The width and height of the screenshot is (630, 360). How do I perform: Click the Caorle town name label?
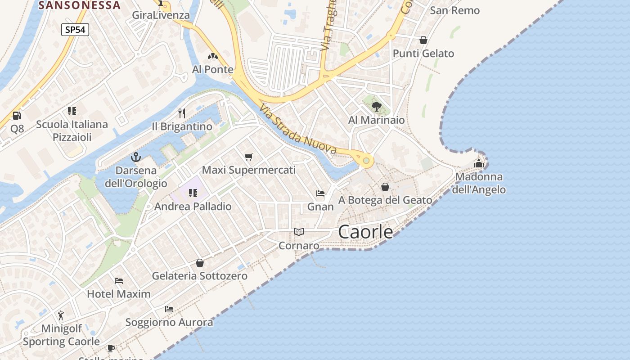(365, 232)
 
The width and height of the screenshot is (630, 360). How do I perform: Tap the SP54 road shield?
(75, 30)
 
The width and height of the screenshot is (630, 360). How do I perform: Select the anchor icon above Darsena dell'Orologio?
(135, 157)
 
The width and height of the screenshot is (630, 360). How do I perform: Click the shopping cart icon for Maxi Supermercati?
(249, 157)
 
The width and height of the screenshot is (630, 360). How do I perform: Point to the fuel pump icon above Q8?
(17, 116)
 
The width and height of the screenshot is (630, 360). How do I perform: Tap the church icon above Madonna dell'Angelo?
(478, 163)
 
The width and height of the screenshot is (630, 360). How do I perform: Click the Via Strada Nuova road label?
(298, 129)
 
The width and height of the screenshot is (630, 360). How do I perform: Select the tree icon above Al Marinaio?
(377, 107)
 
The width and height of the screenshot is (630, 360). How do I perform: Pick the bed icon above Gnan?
(320, 193)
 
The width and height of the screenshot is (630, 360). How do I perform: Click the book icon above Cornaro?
(299, 232)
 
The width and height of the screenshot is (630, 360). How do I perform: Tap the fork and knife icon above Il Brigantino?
(182, 113)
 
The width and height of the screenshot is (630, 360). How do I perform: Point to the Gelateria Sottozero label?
(200, 276)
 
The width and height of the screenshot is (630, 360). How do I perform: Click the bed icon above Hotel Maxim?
(119, 281)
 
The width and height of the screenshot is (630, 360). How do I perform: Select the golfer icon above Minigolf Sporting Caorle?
(61, 315)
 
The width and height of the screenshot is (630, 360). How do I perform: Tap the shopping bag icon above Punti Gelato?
(423, 40)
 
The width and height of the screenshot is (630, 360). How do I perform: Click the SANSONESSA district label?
(80, 5)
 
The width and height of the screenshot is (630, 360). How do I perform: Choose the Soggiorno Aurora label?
(169, 322)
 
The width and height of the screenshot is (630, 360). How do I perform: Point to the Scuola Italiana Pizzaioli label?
(72, 130)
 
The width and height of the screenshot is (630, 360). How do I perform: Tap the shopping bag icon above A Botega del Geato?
(385, 186)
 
